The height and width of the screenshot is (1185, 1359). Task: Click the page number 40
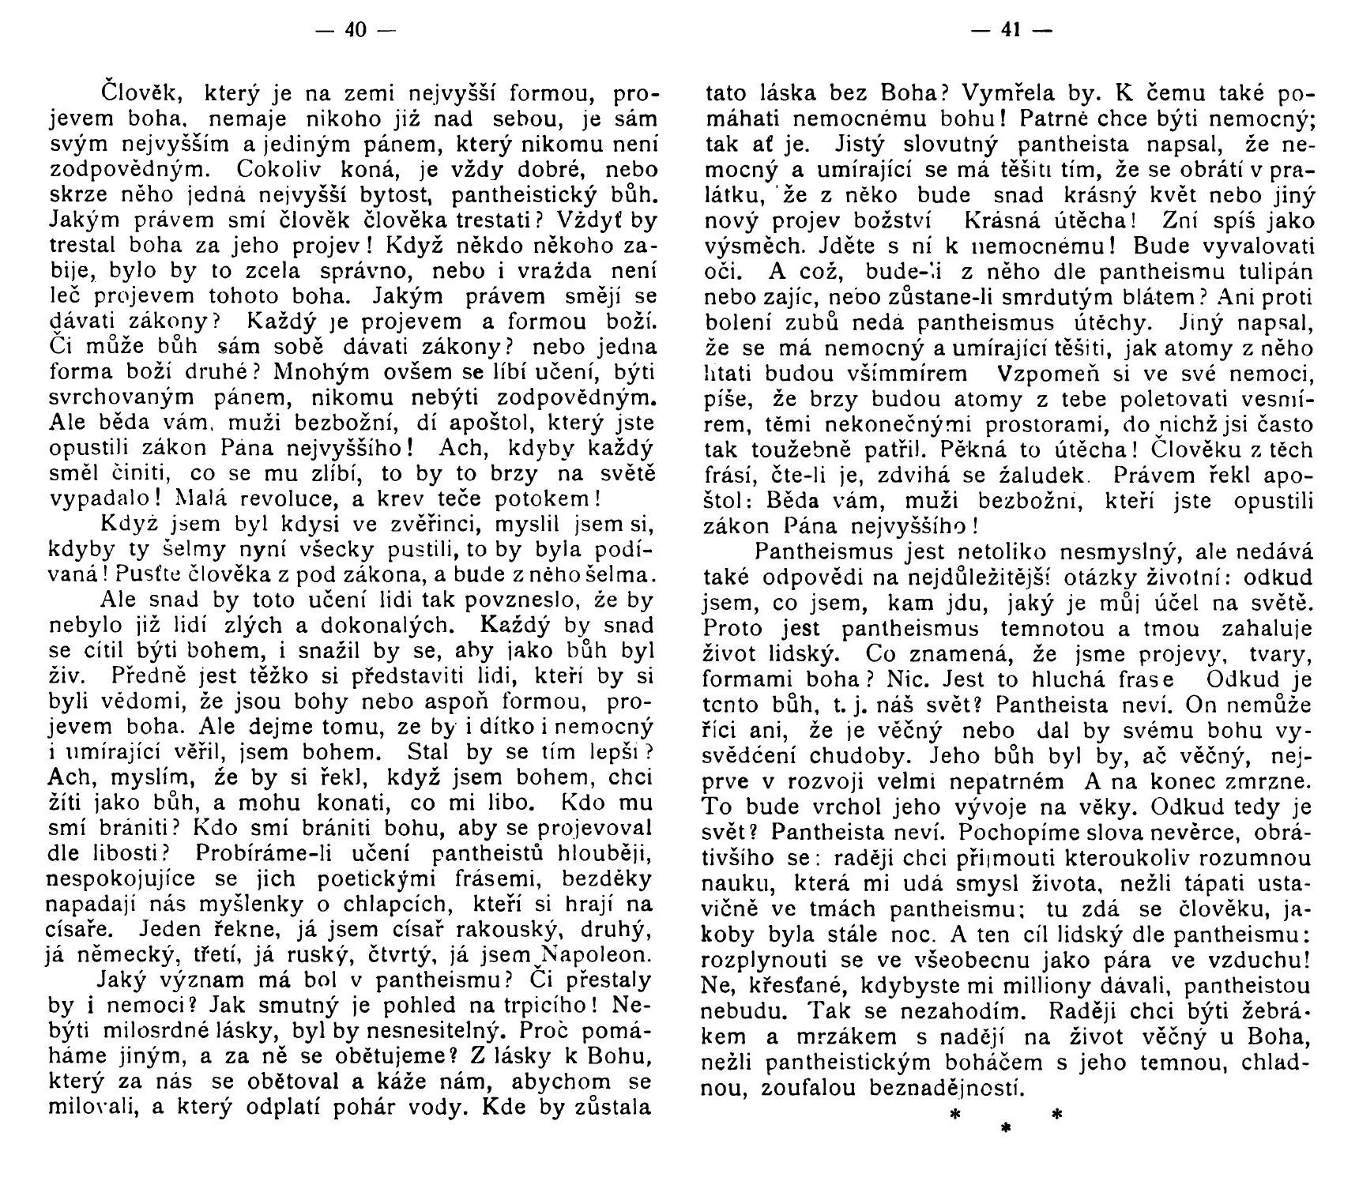pos(356,31)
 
